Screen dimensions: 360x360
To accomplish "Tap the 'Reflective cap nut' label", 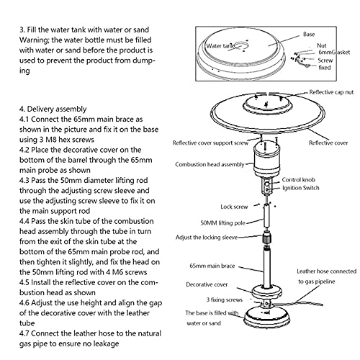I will coord(330,93).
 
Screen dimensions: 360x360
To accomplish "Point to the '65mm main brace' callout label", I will coord(214,266).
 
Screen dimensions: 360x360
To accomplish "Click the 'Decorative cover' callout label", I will coord(207,284).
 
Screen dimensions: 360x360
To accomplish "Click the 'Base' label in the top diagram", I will coord(308,33).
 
